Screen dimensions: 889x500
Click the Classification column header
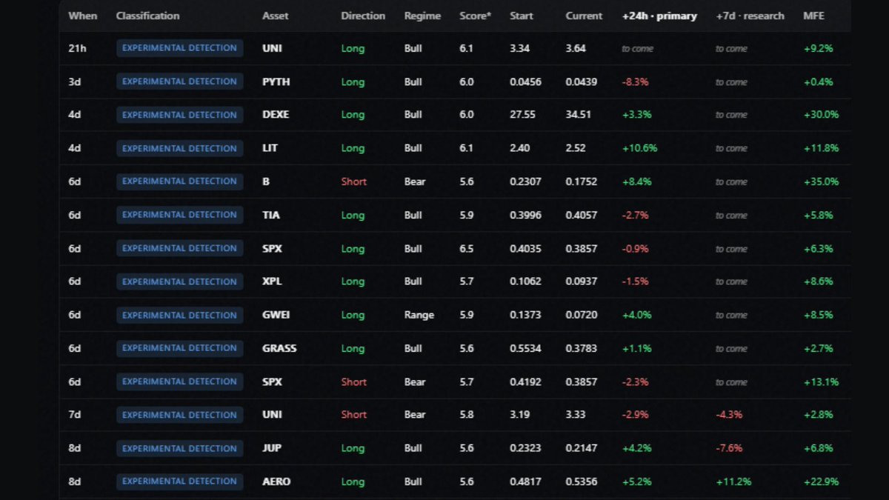[x=147, y=16]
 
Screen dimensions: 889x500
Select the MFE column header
[x=813, y=16]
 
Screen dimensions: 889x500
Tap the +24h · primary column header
[x=659, y=16]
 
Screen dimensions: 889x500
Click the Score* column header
[x=475, y=16]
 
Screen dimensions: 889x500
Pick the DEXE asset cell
[x=276, y=115]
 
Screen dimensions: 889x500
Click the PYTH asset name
[x=276, y=81]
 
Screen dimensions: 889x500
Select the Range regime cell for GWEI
[x=419, y=315]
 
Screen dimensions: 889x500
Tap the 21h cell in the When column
[x=77, y=48]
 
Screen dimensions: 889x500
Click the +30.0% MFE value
[x=821, y=115]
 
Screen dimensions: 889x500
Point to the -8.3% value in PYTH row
[x=635, y=82]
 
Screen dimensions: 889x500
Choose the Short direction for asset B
[x=353, y=181]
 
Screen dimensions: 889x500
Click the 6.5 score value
[x=466, y=249]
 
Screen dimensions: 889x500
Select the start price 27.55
[x=522, y=115]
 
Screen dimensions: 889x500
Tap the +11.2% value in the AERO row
[x=733, y=481]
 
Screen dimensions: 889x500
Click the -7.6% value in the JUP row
[x=729, y=448]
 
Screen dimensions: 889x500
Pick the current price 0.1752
[x=581, y=181]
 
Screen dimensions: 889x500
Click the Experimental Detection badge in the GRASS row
[x=179, y=348]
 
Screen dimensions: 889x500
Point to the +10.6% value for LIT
[x=640, y=148]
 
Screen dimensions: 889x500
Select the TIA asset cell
[x=270, y=215]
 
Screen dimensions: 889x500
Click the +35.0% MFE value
[x=821, y=181]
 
